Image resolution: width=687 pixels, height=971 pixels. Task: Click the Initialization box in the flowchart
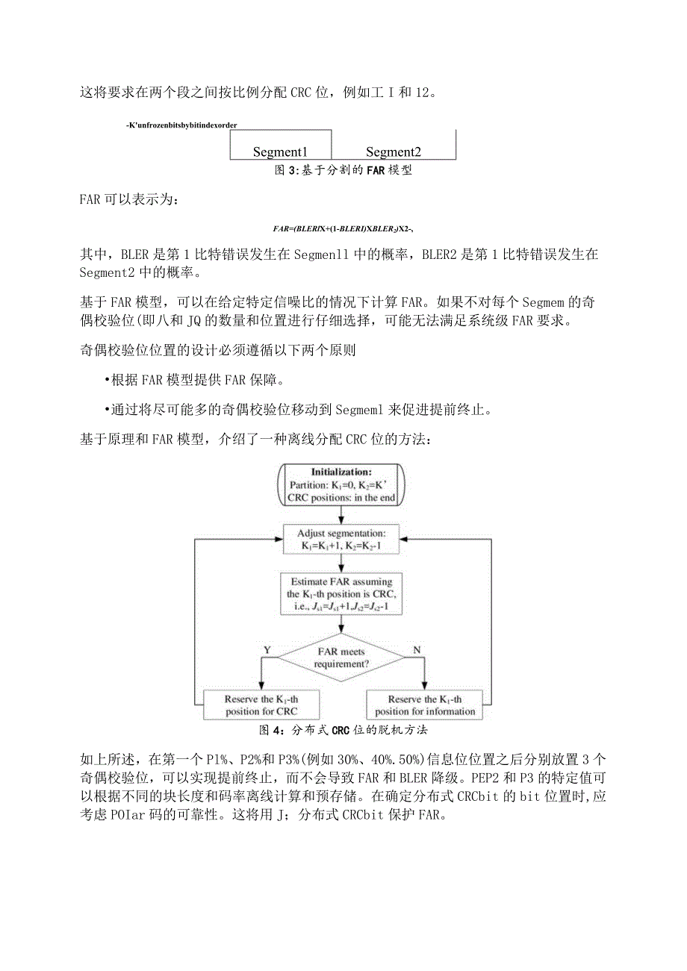(341, 484)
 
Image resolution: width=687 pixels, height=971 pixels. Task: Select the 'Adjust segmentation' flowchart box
(341, 540)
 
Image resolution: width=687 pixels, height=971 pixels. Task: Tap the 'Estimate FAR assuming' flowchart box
(341, 594)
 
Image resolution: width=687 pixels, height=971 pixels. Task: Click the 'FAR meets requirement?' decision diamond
(341, 658)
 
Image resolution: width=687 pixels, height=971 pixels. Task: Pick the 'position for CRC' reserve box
(261, 705)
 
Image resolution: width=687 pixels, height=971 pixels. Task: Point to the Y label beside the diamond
(267, 650)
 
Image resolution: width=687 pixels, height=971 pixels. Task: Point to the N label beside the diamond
(416, 650)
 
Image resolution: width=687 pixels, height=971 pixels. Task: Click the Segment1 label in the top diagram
(280, 152)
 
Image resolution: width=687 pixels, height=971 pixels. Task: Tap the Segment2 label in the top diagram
(394, 152)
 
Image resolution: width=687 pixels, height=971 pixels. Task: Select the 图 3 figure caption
(343, 170)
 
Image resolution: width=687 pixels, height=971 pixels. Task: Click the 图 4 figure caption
(343, 729)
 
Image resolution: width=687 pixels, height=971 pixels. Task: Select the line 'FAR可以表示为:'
(129, 200)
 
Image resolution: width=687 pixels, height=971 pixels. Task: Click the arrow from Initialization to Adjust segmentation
(341, 516)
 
